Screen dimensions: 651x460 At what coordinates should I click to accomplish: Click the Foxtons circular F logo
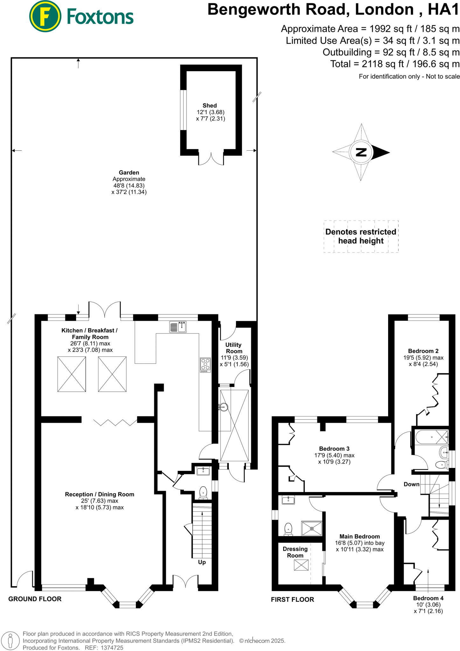point(45,17)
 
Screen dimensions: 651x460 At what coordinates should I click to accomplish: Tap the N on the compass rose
point(361,152)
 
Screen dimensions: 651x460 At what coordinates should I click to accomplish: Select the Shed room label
point(210,106)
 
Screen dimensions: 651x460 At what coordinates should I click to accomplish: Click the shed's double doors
point(211,159)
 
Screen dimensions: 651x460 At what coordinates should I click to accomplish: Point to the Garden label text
point(129,173)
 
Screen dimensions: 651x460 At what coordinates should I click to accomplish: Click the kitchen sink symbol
point(178,327)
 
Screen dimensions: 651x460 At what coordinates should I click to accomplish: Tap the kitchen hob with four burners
point(206,365)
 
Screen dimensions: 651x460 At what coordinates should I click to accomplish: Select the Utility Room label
point(234,348)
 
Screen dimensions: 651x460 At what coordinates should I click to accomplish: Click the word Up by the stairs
point(202,562)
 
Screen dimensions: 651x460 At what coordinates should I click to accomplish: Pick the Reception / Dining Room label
point(100,494)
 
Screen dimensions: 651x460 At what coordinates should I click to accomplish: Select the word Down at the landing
point(411,484)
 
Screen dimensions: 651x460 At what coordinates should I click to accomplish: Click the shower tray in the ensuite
point(312,529)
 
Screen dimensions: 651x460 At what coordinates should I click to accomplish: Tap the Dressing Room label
point(295,552)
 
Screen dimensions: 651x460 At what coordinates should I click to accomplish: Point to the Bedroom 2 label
point(423,351)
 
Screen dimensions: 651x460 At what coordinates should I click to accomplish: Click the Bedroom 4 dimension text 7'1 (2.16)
point(428,611)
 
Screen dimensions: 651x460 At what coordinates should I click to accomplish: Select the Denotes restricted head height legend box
point(361,236)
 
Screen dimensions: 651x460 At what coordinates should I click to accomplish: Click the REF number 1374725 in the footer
point(112,648)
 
